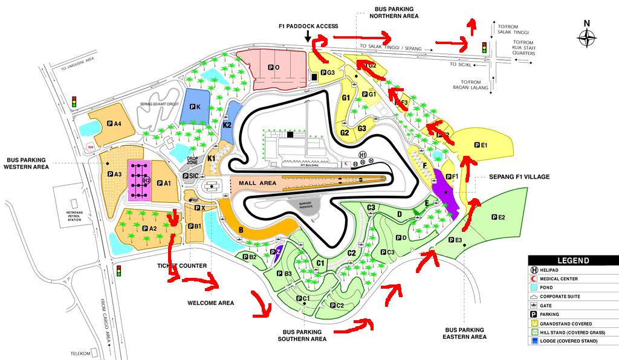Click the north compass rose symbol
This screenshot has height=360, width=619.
point(586,38)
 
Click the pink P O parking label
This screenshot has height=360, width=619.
point(274,68)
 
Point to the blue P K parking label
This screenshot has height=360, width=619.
point(195,107)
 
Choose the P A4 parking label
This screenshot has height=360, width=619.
point(114,124)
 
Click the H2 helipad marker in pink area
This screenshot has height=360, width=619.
point(146,180)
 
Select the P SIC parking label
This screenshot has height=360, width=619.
point(191,176)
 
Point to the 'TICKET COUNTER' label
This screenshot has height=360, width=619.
point(183,266)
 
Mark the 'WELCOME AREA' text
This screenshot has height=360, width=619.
point(210,303)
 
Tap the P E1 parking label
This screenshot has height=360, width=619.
point(481,145)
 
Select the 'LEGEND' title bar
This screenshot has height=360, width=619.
point(572,260)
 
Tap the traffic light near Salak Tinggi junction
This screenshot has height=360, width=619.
point(484,47)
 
